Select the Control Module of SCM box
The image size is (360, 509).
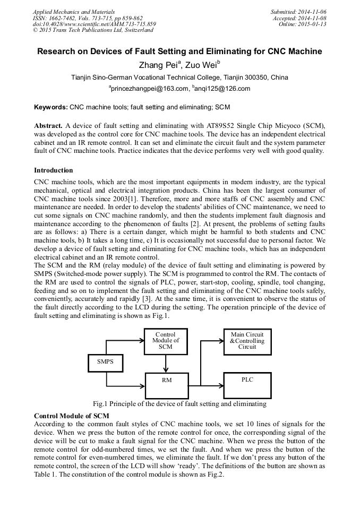(x=166, y=340)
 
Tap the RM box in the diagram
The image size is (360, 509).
(x=166, y=385)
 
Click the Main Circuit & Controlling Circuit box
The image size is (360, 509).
(x=247, y=340)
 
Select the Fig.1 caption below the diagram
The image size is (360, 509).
(x=179, y=404)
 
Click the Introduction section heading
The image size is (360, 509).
(x=54, y=170)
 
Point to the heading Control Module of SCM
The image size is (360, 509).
(x=71, y=416)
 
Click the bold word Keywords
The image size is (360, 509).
(x=51, y=107)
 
